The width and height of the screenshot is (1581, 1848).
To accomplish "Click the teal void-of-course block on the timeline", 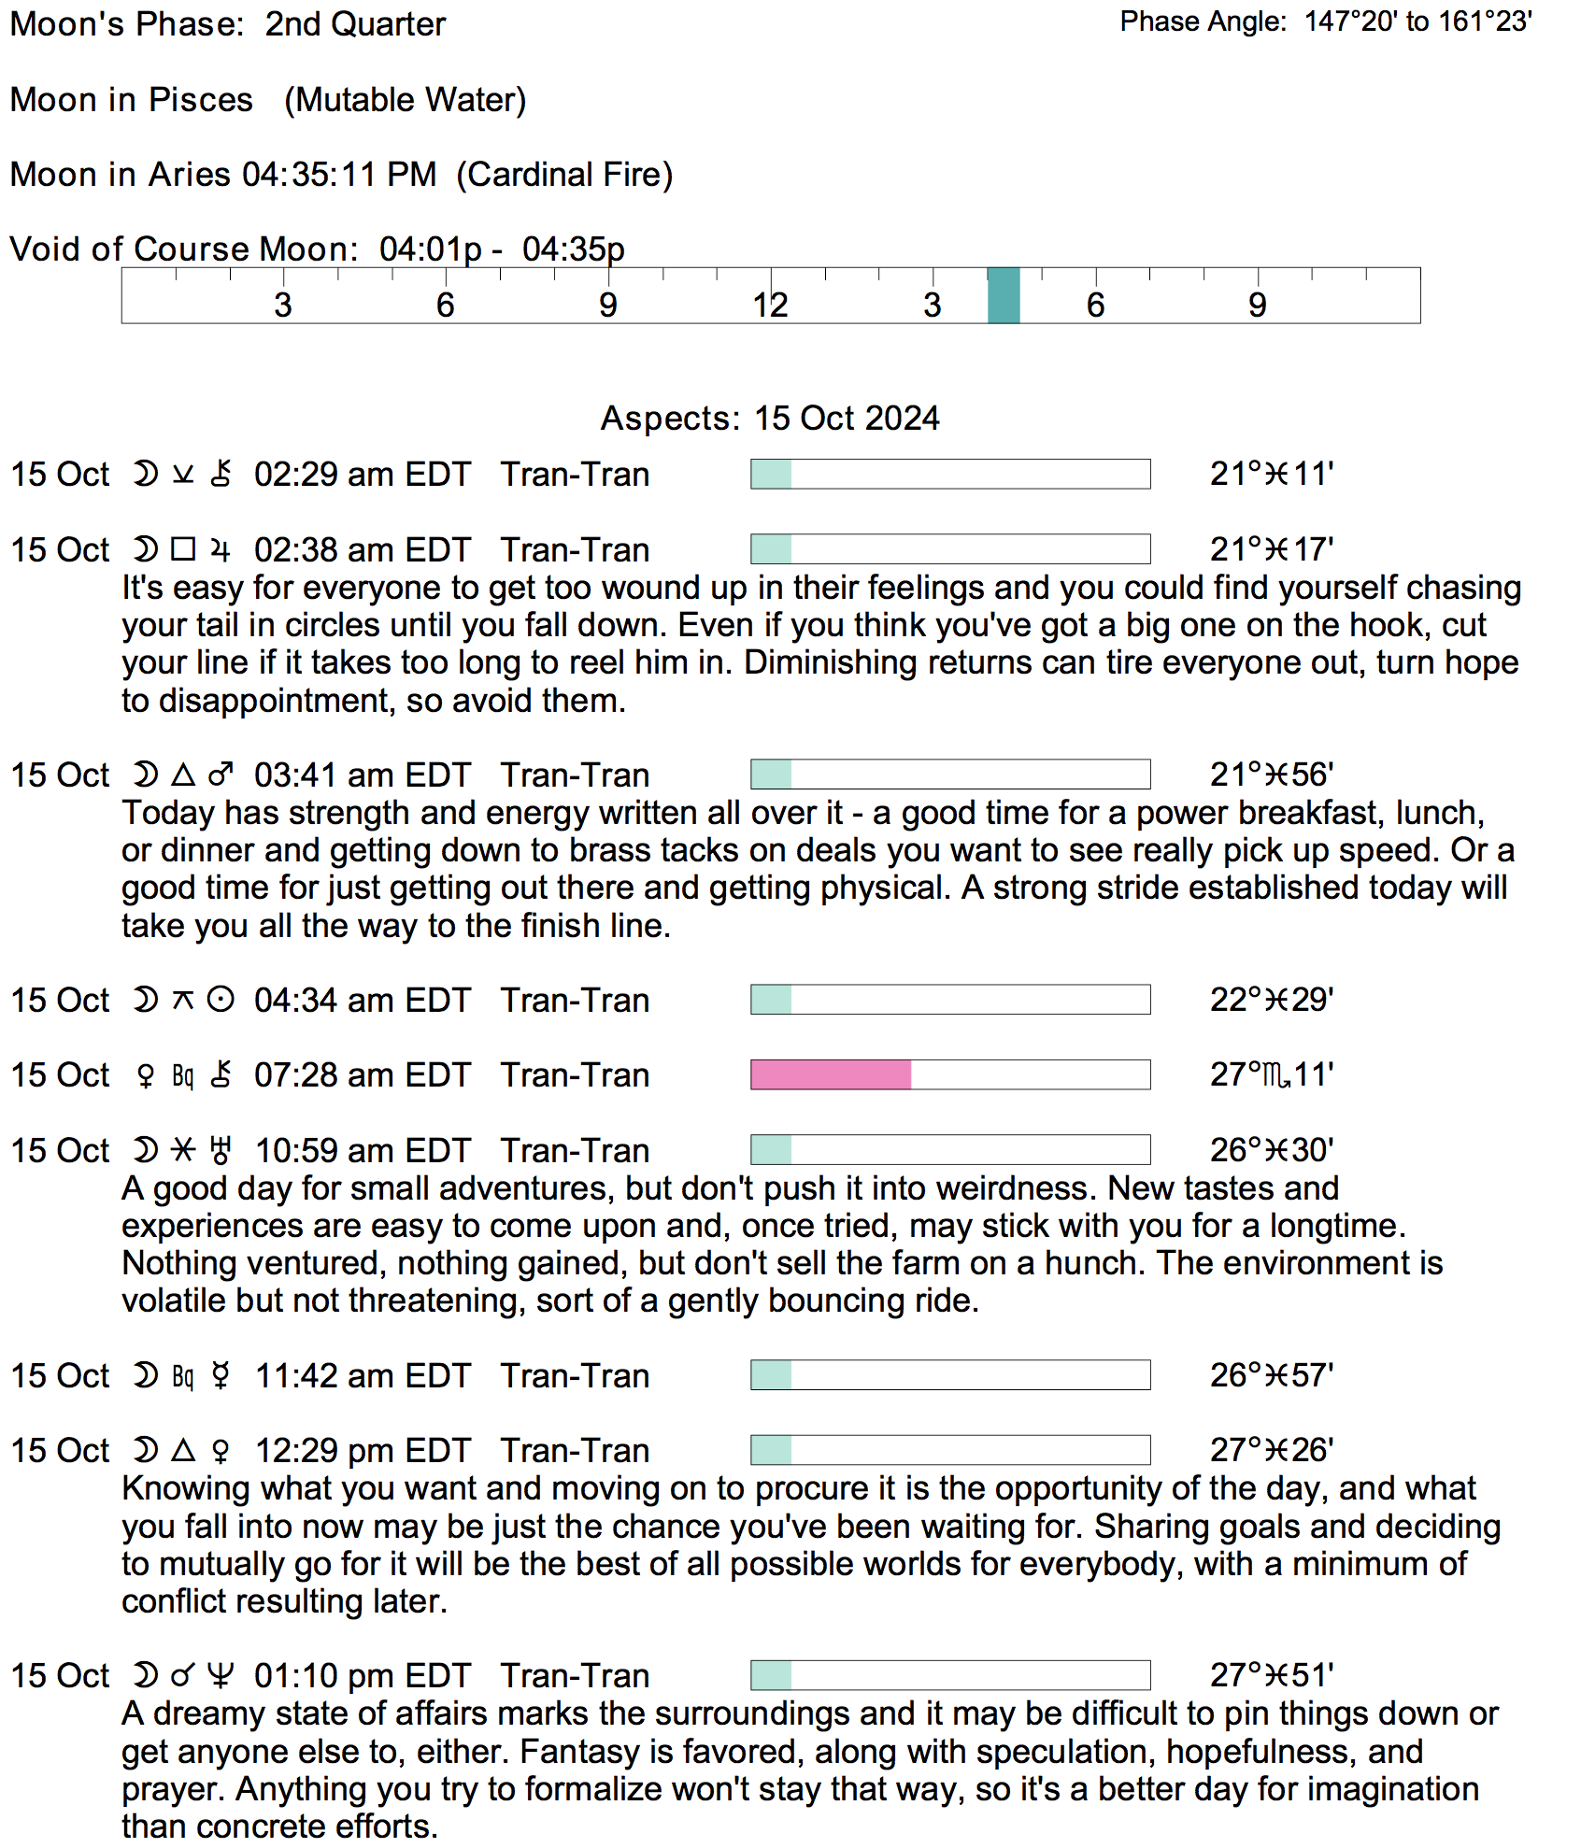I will click(1004, 295).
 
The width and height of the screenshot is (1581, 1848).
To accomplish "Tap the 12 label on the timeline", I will click(770, 306).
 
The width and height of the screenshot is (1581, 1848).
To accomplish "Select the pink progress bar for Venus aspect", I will click(831, 1074).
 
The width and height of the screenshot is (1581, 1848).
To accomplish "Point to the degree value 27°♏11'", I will click(1272, 1074).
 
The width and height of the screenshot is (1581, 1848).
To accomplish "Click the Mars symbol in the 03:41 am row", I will click(221, 775).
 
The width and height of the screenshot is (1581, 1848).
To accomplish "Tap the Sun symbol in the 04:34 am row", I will click(221, 1000).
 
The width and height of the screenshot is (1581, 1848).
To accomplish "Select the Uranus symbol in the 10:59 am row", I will click(221, 1150).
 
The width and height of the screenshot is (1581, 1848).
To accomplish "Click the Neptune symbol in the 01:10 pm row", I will click(221, 1676).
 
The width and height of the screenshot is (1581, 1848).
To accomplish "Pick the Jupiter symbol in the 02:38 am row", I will click(221, 549).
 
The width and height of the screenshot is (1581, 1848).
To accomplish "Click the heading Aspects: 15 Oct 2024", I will click(770, 418).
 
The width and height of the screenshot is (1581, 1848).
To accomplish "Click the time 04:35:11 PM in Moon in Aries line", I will click(339, 175).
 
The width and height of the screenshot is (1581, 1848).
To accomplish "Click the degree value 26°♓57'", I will click(1272, 1375).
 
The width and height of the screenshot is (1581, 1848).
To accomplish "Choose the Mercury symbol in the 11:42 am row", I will click(221, 1375).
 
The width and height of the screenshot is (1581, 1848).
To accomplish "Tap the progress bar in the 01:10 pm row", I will click(950, 1676).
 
